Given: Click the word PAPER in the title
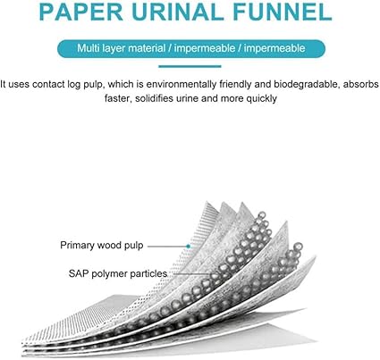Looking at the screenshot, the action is pyautogui.click(x=80, y=12).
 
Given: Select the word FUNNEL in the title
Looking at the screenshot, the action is pyautogui.click(x=283, y=12).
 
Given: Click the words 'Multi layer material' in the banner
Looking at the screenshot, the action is pyautogui.click(x=121, y=48).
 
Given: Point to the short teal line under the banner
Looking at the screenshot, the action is pyautogui.click(x=190, y=66).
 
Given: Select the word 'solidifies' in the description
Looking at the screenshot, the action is pyautogui.click(x=154, y=98).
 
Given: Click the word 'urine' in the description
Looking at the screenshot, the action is pyautogui.click(x=187, y=99).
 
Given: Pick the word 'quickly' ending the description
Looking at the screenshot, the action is pyautogui.click(x=261, y=98).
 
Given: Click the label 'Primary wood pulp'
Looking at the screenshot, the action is pyautogui.click(x=102, y=246).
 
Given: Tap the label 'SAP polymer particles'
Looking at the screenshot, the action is pyautogui.click(x=118, y=273).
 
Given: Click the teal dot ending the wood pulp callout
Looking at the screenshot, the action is pyautogui.click(x=188, y=247).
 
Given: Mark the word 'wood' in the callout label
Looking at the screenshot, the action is pyautogui.click(x=110, y=245).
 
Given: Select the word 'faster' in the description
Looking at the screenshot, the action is pyautogui.click(x=118, y=98).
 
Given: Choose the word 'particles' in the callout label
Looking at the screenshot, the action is pyautogui.click(x=148, y=273).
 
